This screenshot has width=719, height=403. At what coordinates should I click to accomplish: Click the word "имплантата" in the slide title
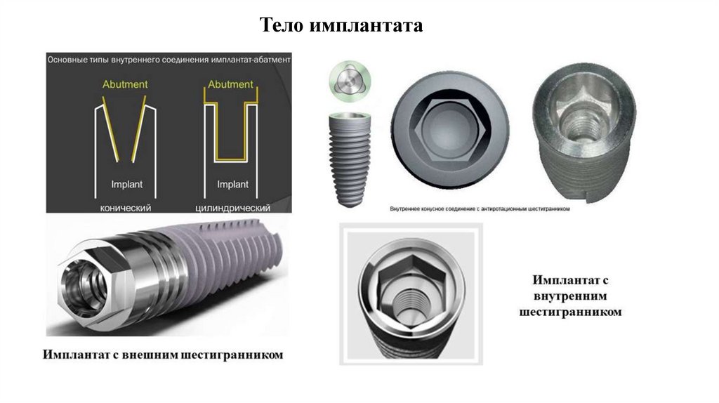366,26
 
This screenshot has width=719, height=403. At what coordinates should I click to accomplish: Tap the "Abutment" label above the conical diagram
125,84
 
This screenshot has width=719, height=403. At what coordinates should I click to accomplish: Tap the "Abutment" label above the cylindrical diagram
230,84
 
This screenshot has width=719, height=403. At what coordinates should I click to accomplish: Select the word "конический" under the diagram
126,208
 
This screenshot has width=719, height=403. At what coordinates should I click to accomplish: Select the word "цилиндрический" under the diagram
233,208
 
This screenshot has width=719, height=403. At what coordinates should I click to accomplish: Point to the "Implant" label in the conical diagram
126,185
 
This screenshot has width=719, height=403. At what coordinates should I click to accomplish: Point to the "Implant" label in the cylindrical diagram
232,185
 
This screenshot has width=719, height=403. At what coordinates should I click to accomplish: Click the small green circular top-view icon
350,81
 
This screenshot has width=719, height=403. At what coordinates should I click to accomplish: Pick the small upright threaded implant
350,159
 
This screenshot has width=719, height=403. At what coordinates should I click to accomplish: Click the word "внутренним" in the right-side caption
570,296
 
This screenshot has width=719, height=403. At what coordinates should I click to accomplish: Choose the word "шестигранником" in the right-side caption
570,312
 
